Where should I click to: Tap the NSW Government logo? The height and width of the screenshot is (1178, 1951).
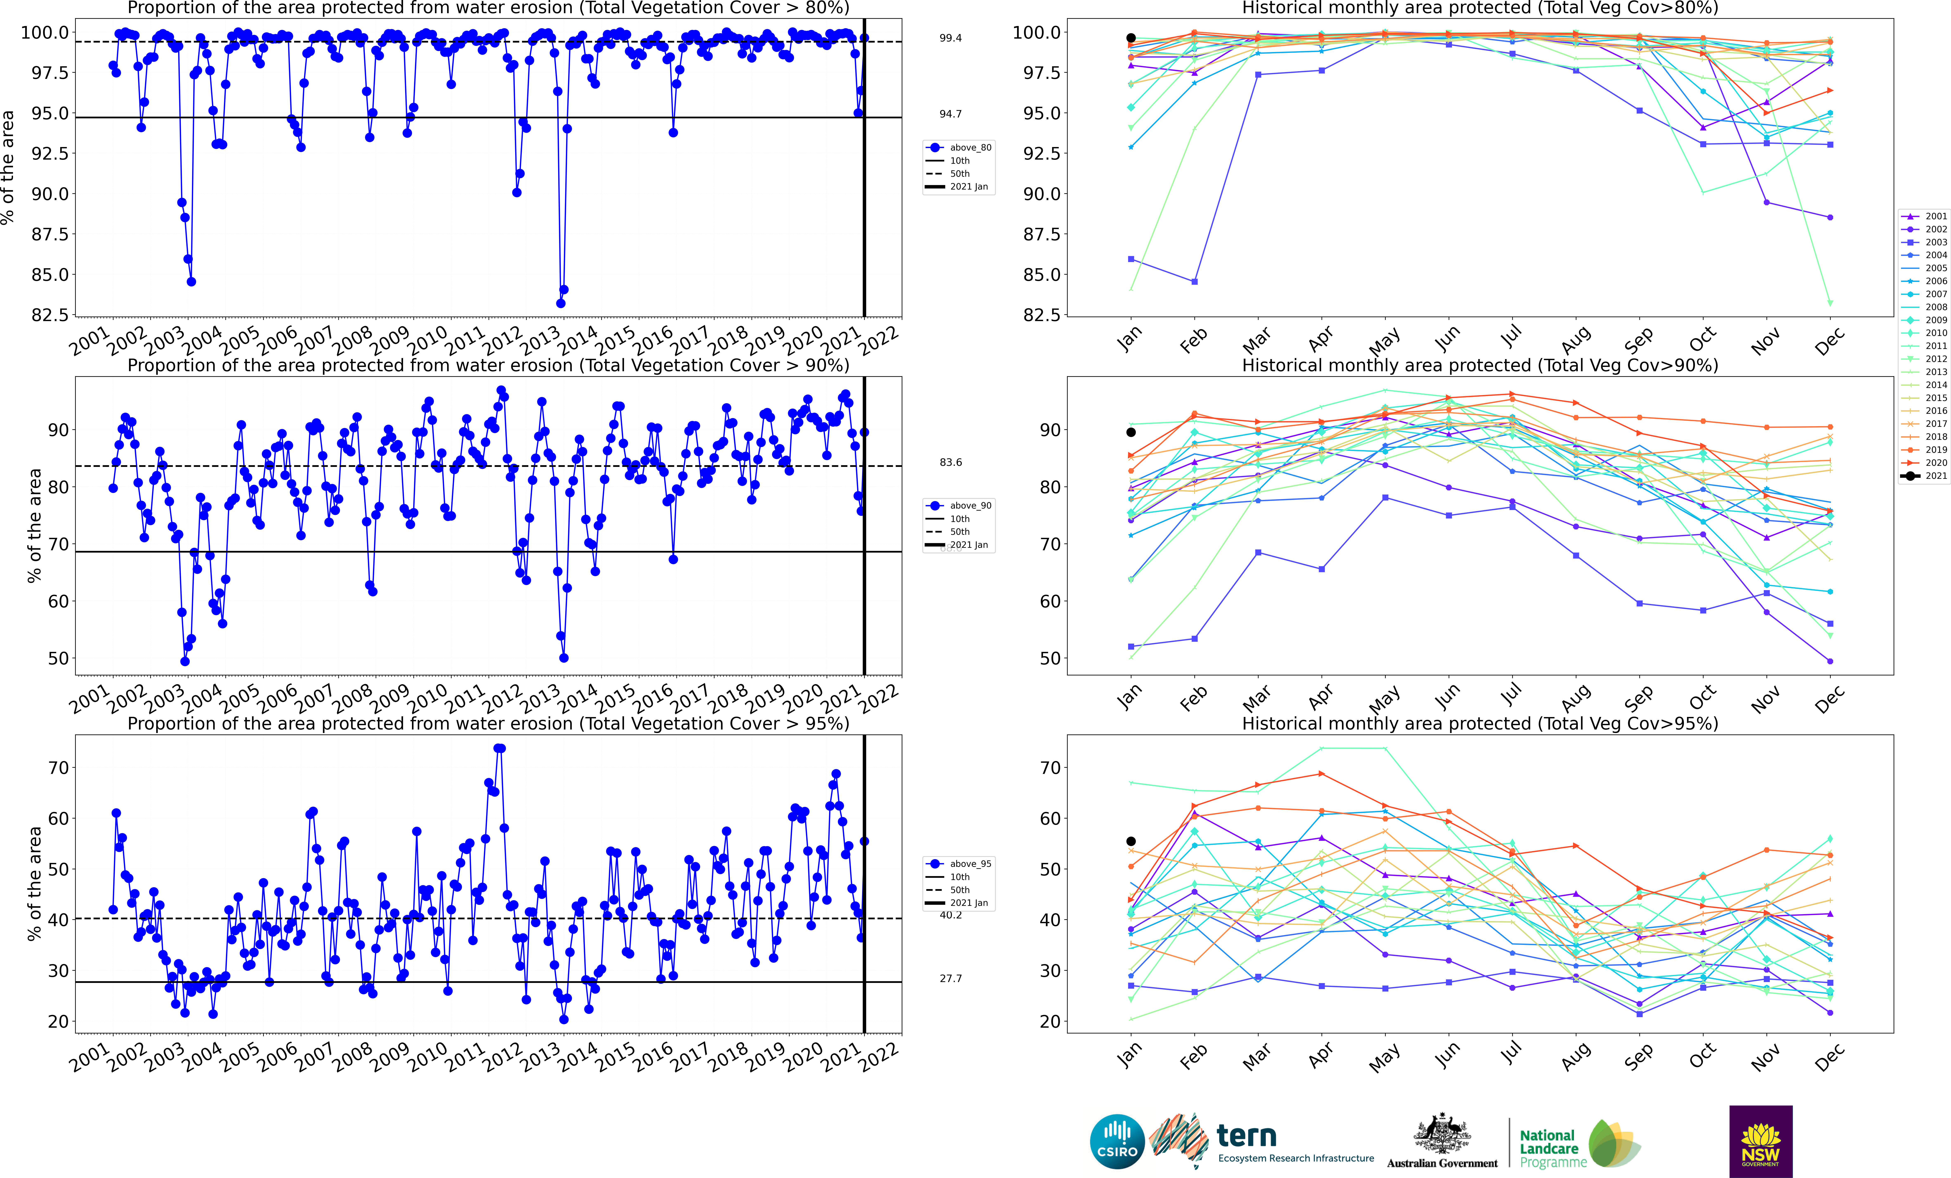1760,1142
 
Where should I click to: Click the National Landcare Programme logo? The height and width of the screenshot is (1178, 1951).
1578,1144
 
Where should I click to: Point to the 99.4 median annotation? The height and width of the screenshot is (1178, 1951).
950,38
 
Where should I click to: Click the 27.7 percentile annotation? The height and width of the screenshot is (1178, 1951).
950,978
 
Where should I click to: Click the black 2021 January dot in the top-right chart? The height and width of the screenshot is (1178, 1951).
1131,38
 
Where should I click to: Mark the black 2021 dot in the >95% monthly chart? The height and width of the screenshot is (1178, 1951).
1131,841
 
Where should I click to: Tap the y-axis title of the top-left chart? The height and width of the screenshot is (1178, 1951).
8,167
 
